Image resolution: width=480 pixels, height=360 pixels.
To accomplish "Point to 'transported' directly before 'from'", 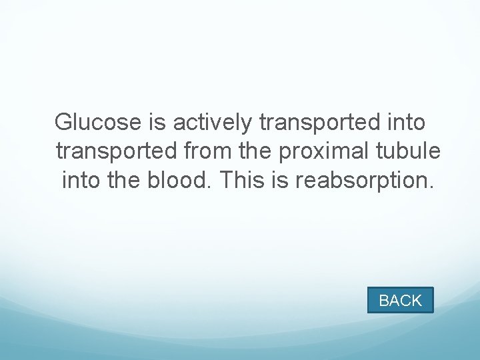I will [117, 151].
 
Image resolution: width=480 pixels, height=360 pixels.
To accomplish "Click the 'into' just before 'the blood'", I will [82, 180].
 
